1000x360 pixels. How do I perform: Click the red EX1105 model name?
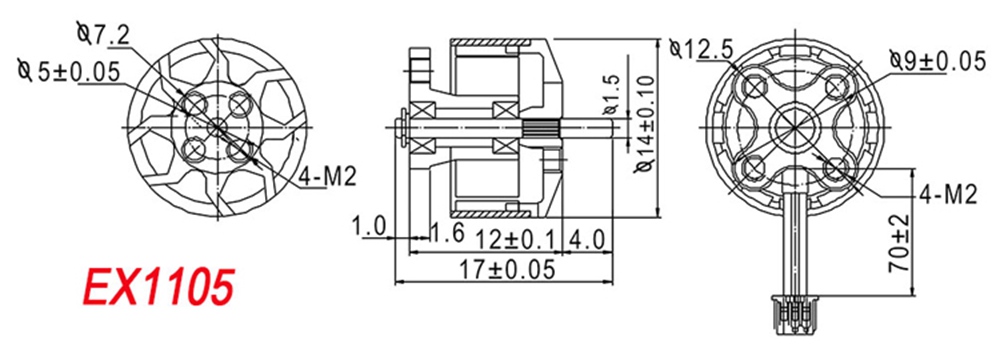click(x=157, y=287)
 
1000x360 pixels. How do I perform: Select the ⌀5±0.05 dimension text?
click(x=70, y=71)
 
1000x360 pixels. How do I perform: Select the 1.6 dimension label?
click(x=446, y=231)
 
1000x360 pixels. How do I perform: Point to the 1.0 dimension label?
click(x=369, y=226)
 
